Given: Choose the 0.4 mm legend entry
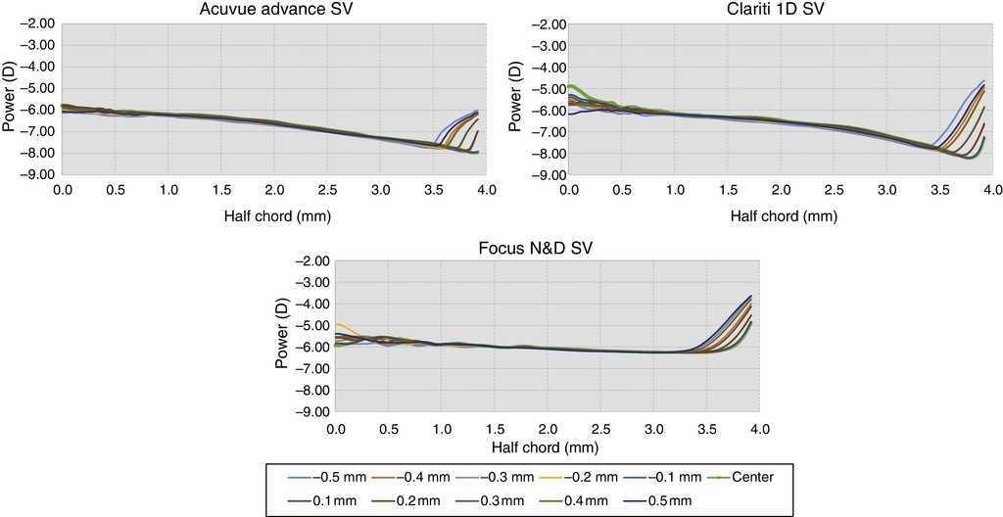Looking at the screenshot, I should tap(586, 501).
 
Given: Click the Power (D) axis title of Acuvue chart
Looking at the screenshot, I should tap(10, 99).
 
